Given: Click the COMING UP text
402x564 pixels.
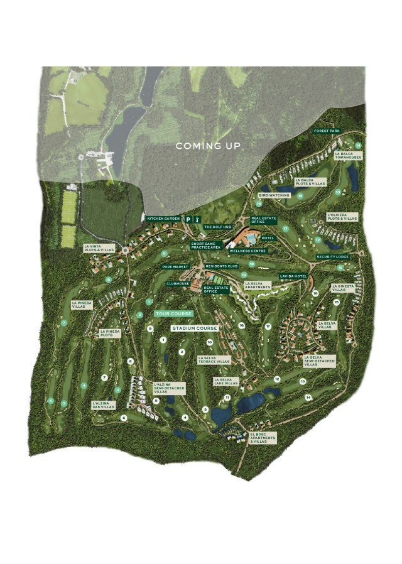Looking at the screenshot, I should (x=208, y=146).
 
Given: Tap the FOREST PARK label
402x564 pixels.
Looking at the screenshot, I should (x=327, y=131).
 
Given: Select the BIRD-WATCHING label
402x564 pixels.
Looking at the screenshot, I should (x=274, y=195).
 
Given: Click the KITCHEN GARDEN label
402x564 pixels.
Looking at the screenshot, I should (x=163, y=219).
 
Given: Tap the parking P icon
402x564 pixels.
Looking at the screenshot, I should (x=188, y=219).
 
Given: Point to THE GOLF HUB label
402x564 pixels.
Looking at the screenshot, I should (x=217, y=227).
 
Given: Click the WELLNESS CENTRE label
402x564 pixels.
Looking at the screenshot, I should (x=248, y=251).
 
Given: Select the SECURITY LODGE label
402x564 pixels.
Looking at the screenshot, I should (x=333, y=257).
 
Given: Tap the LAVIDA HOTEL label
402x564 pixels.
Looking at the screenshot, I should (x=293, y=276).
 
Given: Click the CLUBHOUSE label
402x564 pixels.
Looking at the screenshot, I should (x=178, y=283).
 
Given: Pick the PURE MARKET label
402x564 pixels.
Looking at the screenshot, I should (x=175, y=267).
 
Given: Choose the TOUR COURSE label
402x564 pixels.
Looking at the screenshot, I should (x=173, y=313).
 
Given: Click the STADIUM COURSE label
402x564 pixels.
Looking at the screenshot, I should (x=195, y=328).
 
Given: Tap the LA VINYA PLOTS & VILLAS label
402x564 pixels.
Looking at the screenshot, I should (x=100, y=248).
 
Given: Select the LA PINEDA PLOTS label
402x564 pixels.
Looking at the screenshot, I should (x=111, y=334).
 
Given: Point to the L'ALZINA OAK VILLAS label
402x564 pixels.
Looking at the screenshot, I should (x=104, y=406).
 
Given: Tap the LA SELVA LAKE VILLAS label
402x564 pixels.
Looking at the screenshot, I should (x=226, y=381).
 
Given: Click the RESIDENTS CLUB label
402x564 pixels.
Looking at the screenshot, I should (x=221, y=266).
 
